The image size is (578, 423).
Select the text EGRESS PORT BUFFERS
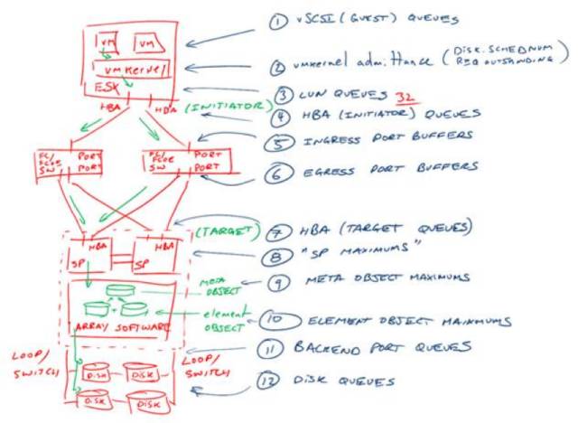click(x=387, y=169)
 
